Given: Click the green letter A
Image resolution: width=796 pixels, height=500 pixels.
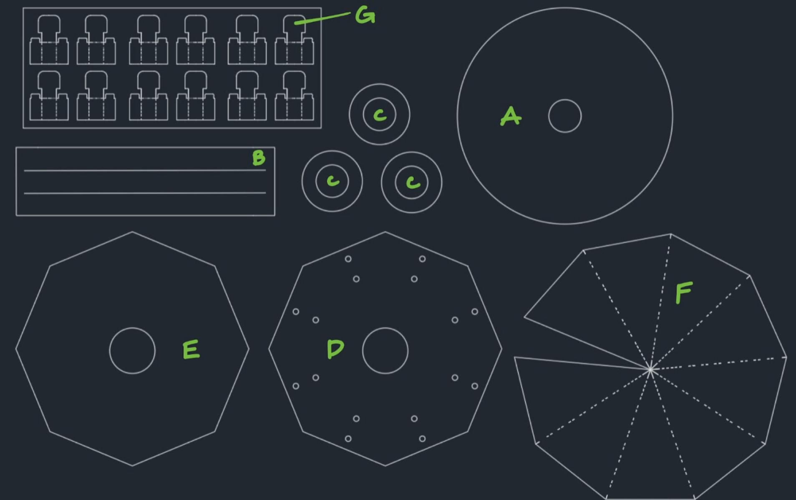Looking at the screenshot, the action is pos(511,116).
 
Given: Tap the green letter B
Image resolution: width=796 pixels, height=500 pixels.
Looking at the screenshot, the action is pos(259,158).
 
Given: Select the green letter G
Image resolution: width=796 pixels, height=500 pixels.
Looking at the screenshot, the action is pos(365,16).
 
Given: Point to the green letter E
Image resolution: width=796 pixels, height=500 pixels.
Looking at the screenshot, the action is pos(191,349).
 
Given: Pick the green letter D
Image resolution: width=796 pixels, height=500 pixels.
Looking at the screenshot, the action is pos(335,349).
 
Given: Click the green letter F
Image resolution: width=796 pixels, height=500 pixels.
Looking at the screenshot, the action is pos(684,292).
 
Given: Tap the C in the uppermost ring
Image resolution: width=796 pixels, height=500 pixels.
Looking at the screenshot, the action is pos(380,115).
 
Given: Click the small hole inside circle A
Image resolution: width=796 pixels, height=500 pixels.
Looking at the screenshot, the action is pos(565,116).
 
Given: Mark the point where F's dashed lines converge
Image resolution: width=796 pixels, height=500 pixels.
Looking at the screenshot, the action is pos(650,369).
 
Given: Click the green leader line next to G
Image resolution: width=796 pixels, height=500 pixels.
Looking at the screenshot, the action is pos(322,18).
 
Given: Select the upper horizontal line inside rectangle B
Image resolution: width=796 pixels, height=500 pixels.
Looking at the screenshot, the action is pos(145,170).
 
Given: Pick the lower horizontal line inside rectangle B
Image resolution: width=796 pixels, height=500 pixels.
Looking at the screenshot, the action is pos(145,193).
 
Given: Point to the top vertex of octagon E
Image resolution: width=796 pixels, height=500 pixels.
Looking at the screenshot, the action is pos(132,231).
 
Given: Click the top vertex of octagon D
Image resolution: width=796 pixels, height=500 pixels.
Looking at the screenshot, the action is pos(385,231).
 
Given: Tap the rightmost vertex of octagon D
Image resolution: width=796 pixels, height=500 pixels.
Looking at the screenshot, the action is pos(502,349).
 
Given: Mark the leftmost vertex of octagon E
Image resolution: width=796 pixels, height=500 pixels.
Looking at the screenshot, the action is pos(16,349).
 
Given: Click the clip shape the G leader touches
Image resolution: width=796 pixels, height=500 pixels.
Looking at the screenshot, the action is pos(294,40).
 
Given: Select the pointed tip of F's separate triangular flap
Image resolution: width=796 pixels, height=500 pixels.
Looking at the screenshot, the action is pos(524,317).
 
